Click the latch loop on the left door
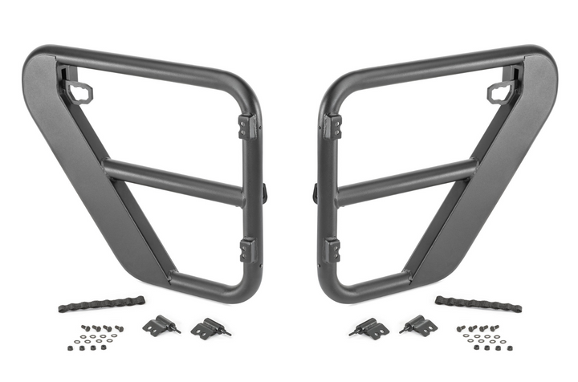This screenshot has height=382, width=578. click(x=83, y=91)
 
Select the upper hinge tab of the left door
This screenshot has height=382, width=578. click(x=248, y=126)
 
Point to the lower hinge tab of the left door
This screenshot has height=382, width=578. click(x=248, y=249)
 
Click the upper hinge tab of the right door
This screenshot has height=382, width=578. click(x=332, y=126)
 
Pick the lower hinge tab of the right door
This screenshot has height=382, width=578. click(x=332, y=250)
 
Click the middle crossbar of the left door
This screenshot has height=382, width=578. click(x=173, y=181)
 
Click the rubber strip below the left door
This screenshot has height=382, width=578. click(x=101, y=304)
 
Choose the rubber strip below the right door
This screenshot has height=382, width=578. click(x=478, y=304)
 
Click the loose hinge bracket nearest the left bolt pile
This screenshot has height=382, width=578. click(x=160, y=324)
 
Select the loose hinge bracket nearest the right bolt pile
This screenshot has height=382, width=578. click(x=420, y=324)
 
